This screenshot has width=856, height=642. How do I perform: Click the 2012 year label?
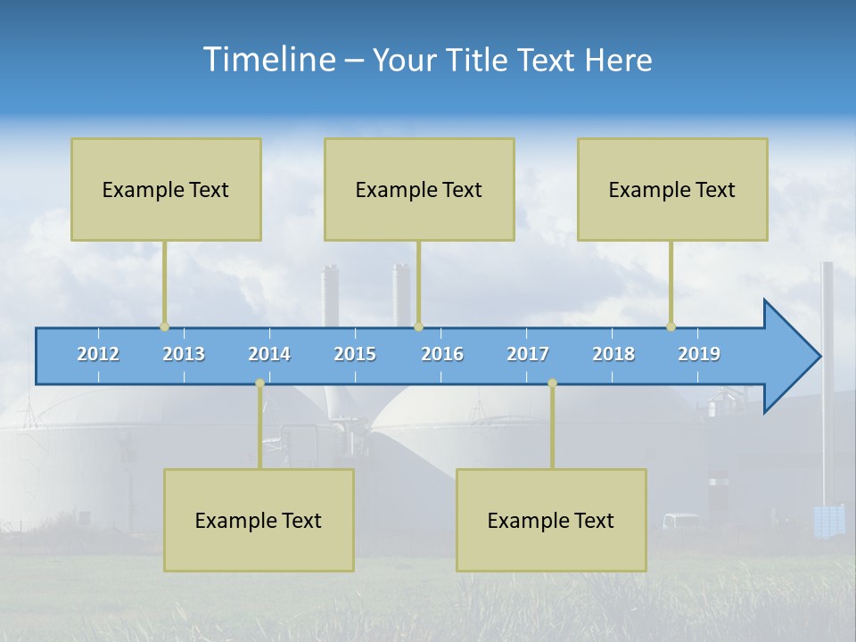click(98, 354)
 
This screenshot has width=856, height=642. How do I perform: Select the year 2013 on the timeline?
click(184, 354)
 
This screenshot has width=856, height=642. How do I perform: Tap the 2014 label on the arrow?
click(269, 354)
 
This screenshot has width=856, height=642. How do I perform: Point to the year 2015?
click(355, 354)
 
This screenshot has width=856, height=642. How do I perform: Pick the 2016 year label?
click(442, 354)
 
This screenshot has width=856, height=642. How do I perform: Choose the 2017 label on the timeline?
click(528, 354)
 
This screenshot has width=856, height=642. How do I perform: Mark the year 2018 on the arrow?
click(613, 354)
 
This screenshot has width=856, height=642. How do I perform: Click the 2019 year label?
click(699, 354)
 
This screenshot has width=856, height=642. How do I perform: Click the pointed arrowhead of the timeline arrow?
click(794, 356)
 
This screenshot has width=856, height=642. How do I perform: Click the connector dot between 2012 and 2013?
click(164, 326)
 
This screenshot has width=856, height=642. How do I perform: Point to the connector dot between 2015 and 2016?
click(418, 326)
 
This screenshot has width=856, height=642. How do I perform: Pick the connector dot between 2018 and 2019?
click(671, 326)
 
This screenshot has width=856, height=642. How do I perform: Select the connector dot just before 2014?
click(259, 383)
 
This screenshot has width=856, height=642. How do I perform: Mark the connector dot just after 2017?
click(552, 383)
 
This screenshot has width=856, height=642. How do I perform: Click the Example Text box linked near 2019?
click(672, 189)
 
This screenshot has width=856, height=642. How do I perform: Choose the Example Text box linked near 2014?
click(259, 520)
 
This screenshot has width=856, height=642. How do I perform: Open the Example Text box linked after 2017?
click(551, 520)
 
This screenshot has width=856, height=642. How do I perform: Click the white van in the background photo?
click(681, 521)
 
